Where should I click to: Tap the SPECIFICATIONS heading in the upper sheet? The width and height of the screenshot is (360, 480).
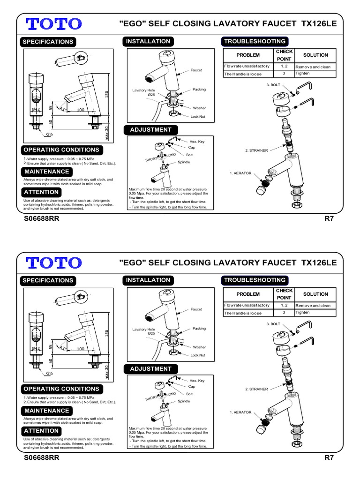coord(48,42)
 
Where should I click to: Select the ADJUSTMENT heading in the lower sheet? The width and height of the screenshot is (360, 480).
coord(150,369)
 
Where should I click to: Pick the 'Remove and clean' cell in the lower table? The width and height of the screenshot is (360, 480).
coord(313,306)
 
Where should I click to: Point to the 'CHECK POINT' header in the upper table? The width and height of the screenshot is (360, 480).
coord(284,55)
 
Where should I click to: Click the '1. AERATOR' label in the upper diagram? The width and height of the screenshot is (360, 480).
coord(240,173)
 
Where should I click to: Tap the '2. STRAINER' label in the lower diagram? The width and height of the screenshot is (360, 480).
coord(256,389)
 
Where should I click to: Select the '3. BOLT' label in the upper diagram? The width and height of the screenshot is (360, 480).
coord(273,85)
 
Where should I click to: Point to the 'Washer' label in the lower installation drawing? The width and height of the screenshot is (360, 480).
coord(200,347)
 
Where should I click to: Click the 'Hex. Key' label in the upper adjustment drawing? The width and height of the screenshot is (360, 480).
coord(197,141)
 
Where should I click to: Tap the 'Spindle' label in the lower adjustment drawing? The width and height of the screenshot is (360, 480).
coord(183,401)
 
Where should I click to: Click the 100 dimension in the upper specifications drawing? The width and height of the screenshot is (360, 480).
coord(80,110)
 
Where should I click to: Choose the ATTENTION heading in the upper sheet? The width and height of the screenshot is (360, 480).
coord(41,192)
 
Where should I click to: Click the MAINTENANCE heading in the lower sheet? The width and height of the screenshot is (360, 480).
coord(46,411)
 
